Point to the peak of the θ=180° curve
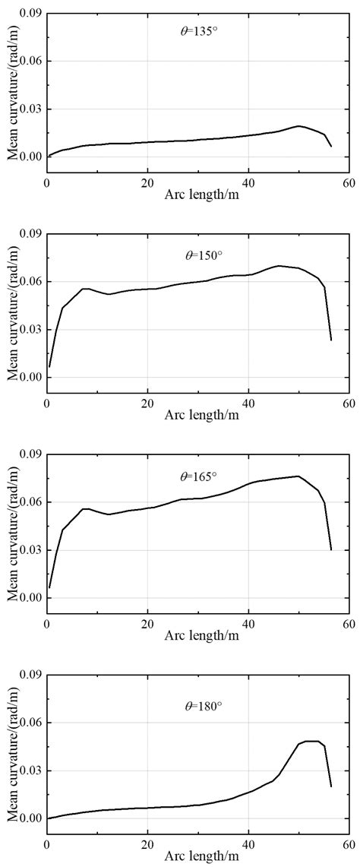coord(311,741)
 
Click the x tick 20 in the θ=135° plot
coord(147,182)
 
